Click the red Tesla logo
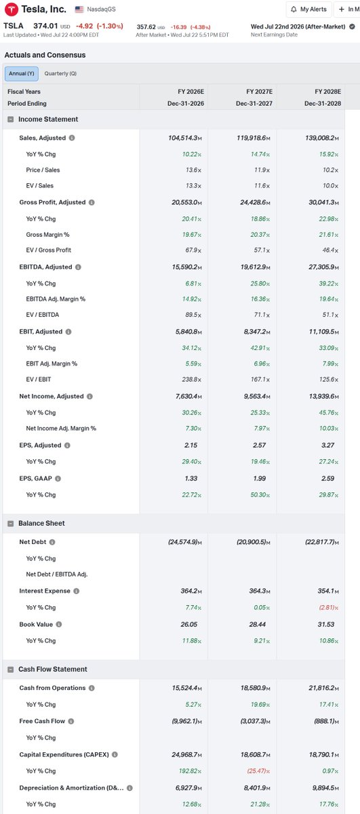(x=12, y=9)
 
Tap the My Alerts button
(x=309, y=9)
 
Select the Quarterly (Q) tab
(x=60, y=73)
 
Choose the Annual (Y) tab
(x=22, y=73)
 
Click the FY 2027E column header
(x=259, y=92)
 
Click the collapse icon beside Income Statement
(x=11, y=119)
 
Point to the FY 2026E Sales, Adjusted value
(x=185, y=138)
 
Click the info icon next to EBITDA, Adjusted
(x=78, y=267)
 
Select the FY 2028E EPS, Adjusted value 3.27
(x=327, y=445)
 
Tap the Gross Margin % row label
(x=47, y=235)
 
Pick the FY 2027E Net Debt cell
(x=253, y=542)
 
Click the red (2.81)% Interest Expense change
(x=328, y=608)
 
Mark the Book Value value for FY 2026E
(x=189, y=624)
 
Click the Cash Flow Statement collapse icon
(x=11, y=670)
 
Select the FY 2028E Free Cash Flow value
(x=326, y=721)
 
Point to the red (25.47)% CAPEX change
(x=258, y=771)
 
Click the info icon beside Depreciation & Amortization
(x=129, y=788)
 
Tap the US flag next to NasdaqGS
(x=79, y=9)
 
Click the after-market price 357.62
(x=146, y=27)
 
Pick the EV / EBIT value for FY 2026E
(x=191, y=379)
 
